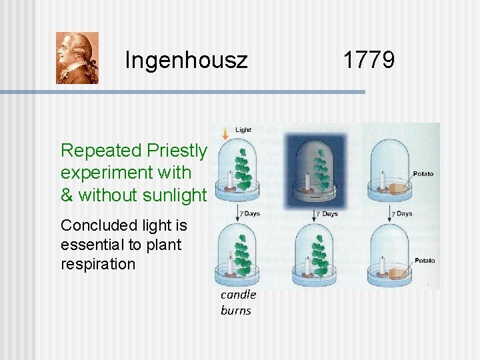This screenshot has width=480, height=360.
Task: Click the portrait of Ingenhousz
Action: coord(77,58)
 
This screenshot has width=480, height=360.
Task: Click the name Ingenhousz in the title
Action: coord(186,61)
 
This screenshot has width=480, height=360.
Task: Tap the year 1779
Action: coord(369,60)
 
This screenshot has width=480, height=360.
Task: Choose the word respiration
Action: coord(97,263)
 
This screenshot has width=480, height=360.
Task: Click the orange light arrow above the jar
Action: coord(225,133)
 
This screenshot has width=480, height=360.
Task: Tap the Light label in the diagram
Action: coord(243,130)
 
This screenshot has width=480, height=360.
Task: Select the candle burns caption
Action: coord(237,302)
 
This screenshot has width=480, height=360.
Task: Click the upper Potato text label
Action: coord(423,174)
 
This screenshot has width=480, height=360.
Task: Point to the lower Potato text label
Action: coord(424,260)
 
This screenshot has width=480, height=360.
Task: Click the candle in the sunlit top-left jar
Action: coord(230,180)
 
